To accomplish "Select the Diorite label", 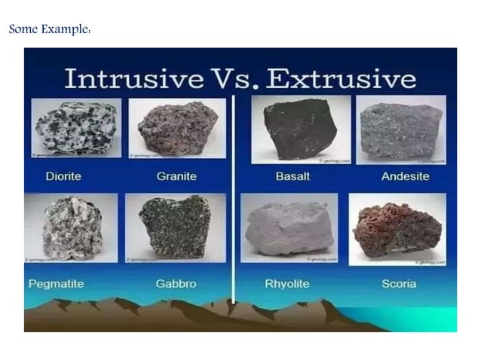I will pos(63,176).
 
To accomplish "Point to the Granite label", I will pos(176,176).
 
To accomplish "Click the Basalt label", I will pos(290,176).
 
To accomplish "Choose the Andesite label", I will pos(404,176).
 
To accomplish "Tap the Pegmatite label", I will pos(56,284).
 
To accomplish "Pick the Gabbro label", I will pos(176,284).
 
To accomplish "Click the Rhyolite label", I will pos(287,284).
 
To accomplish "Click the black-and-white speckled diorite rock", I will pos(76,127).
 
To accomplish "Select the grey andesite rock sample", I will pos(400,129).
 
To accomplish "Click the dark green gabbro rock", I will pos(175,227).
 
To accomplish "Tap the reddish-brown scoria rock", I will pos(397,229).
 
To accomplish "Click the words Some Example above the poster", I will pos(50,30).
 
